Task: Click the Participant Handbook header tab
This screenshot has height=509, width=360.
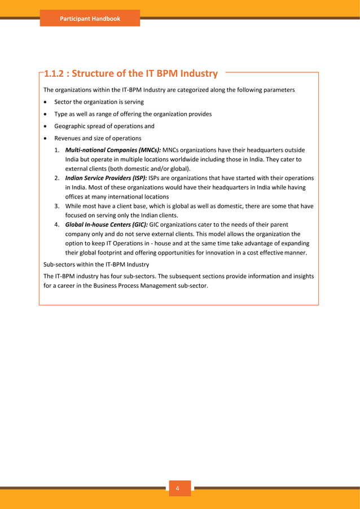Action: click(90, 19)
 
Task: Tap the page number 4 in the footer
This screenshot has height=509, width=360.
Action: click(179, 489)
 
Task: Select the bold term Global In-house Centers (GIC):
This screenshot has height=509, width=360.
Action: click(106, 224)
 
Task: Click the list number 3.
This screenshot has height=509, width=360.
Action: click(58, 206)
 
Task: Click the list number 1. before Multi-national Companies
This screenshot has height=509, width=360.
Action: click(58, 151)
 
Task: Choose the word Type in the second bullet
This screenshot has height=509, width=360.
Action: click(61, 114)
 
